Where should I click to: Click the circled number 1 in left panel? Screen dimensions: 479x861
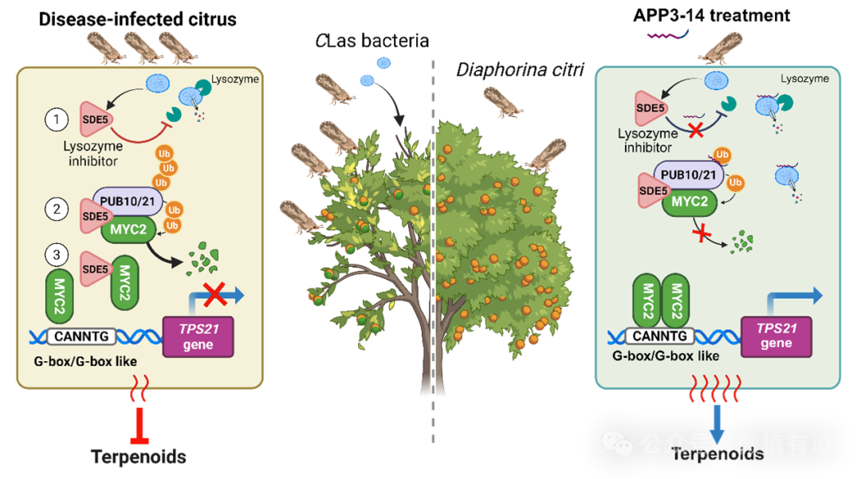(x=56, y=120)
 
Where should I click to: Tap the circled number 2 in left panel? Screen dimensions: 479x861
(x=56, y=210)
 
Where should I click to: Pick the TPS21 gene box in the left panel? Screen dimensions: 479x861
(x=198, y=336)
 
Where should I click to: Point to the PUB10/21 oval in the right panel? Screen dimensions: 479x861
(x=684, y=173)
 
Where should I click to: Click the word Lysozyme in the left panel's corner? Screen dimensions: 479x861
(x=230, y=81)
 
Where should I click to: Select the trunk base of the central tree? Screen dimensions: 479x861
(x=433, y=383)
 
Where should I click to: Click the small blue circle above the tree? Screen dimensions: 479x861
(x=383, y=63)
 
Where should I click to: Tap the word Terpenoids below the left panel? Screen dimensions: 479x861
(x=139, y=457)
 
